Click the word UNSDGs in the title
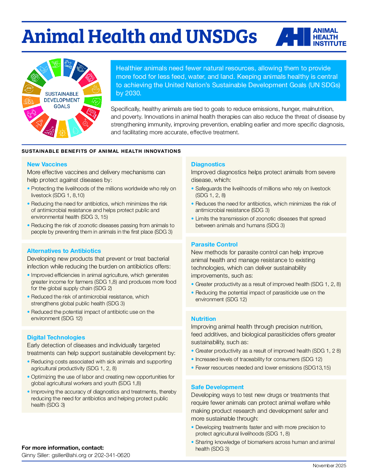tap(221, 37)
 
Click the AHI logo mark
tap(293, 37)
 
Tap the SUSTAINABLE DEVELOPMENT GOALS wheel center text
tap(62, 100)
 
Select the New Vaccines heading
tap(47, 164)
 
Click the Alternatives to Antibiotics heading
tap(64, 251)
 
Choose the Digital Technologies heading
tap(56, 337)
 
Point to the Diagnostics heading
tap(208, 164)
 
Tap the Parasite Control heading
tap(214, 244)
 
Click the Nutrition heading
tap(203, 319)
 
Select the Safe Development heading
tap(217, 387)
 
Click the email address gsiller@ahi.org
tap(69, 455)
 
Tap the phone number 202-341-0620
tap(112, 455)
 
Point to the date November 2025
tap(329, 466)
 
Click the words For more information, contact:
tap(63, 448)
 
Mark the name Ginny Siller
tap(35, 455)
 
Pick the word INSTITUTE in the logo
tap(329, 44)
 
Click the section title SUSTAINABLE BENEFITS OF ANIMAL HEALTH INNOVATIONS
tap(101, 151)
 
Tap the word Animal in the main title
tap(53, 37)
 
